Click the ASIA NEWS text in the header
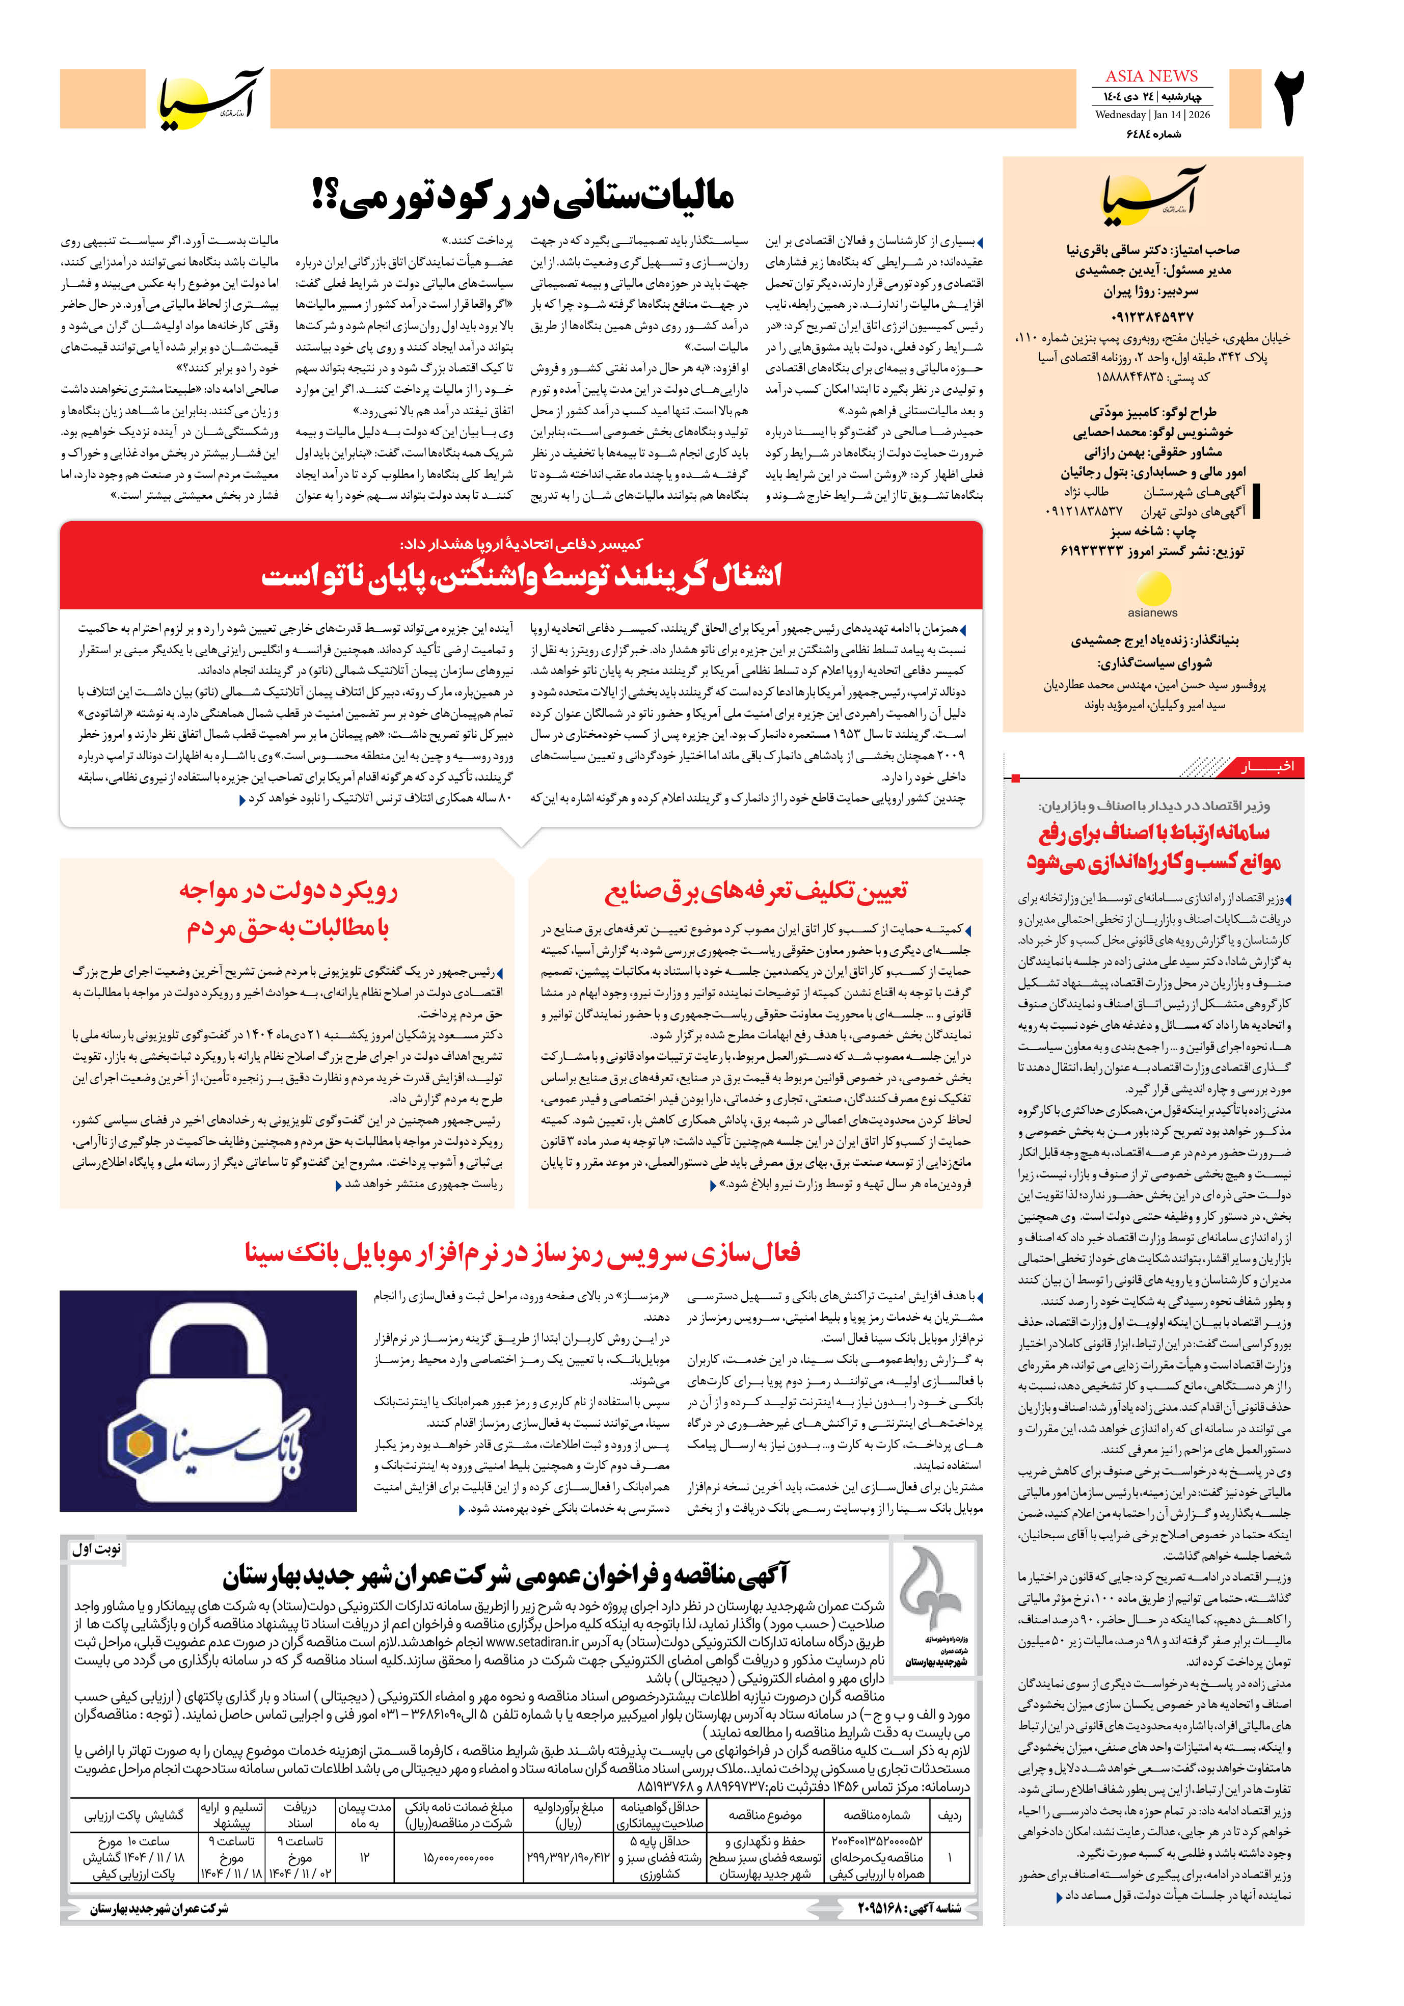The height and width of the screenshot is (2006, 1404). pyautogui.click(x=1151, y=76)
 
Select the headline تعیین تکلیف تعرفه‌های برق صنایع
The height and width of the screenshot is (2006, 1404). pyautogui.click(x=755, y=890)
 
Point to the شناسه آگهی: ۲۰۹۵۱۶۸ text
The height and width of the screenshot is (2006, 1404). pyautogui.click(x=909, y=1908)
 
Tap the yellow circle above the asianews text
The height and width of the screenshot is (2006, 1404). pyautogui.click(x=1152, y=590)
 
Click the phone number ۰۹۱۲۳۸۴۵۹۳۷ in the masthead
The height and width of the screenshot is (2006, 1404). pyautogui.click(x=1152, y=316)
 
